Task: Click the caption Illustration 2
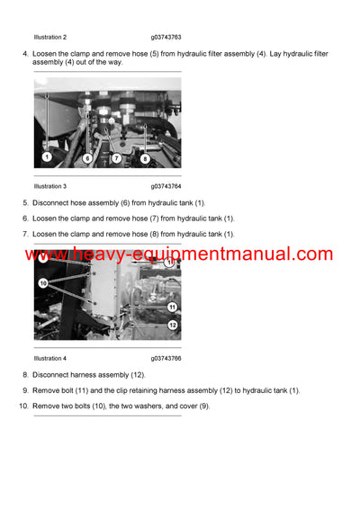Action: click(49, 37)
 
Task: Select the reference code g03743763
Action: click(166, 37)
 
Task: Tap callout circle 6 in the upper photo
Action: click(87, 158)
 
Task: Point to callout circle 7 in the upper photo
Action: click(116, 158)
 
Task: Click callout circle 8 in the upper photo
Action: click(145, 158)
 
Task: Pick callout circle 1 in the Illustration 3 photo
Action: click(46, 158)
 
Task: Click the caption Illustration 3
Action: click(49, 186)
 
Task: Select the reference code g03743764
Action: click(166, 186)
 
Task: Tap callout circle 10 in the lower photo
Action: click(42, 282)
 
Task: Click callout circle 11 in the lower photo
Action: click(172, 307)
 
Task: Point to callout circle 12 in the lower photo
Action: click(172, 325)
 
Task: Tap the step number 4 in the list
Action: click(24, 54)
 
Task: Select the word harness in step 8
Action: click(88, 374)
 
